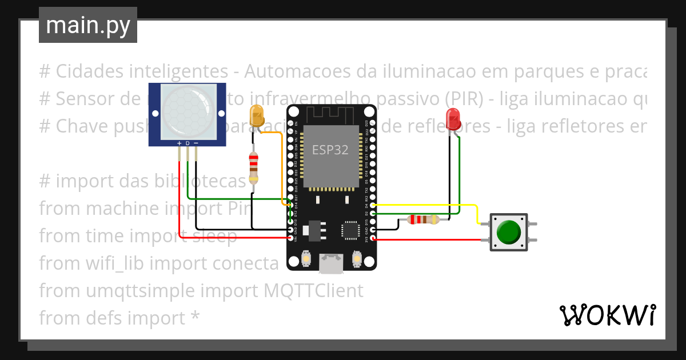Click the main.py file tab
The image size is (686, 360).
(x=87, y=25)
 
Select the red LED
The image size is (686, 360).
(x=454, y=118)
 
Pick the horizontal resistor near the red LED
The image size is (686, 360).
(x=423, y=219)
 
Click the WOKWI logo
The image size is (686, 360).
(x=607, y=315)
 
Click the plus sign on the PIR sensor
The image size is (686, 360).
(x=180, y=143)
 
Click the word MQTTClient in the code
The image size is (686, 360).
(x=313, y=291)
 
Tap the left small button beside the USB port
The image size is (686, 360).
(x=306, y=258)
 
